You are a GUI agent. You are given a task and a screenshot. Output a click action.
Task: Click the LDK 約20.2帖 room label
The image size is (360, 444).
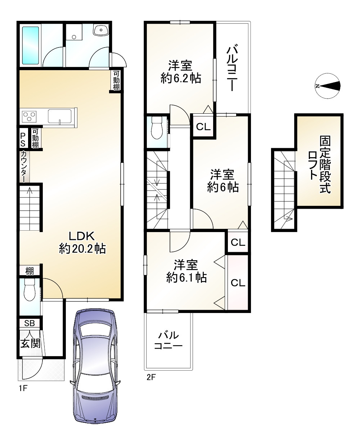click(82, 243)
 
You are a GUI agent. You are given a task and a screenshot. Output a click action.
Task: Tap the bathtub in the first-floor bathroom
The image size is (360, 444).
click(31, 45)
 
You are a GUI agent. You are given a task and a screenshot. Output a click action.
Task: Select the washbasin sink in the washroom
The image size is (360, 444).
click(101, 30)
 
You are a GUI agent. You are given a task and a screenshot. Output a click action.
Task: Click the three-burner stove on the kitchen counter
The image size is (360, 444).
click(30, 117)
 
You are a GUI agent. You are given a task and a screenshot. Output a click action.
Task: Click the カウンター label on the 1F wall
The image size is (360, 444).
click(23, 167)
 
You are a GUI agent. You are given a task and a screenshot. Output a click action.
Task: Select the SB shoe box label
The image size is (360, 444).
click(30, 323)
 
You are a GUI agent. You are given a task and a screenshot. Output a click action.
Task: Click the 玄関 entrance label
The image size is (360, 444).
click(30, 343)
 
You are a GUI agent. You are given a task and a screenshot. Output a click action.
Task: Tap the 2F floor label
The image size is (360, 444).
click(151, 377)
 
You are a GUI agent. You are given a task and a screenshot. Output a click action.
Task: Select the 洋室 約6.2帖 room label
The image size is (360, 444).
click(181, 72)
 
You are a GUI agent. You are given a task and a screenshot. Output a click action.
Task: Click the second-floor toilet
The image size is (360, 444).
click(157, 128)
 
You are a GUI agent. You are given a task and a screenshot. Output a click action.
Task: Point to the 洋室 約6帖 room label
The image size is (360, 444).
click(222, 181)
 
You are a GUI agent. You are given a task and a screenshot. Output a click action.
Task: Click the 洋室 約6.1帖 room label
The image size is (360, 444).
click(186, 271)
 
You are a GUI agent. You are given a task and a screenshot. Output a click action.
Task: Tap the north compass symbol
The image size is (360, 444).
click(328, 86)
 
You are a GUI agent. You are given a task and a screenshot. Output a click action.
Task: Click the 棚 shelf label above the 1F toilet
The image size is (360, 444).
click(30, 271)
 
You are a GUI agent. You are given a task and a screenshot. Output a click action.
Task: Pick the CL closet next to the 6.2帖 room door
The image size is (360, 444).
click(203, 126)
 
